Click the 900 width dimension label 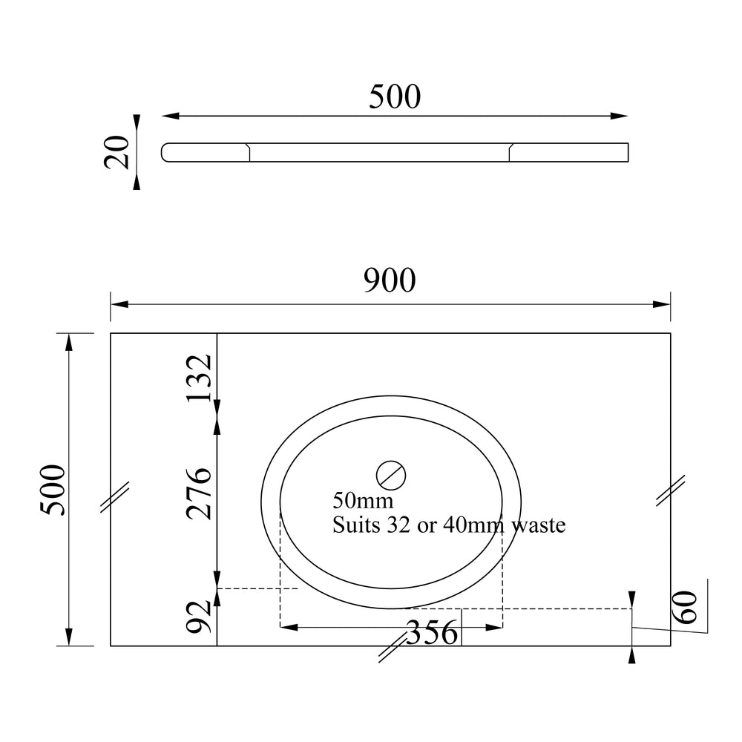point(390,280)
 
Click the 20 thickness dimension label point(116,152)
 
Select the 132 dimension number point(199,378)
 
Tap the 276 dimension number point(199,493)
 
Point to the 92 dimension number point(199,616)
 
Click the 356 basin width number point(432,633)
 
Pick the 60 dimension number point(685,608)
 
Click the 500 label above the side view point(395,97)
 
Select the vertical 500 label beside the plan point(53,490)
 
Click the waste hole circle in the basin point(391,475)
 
